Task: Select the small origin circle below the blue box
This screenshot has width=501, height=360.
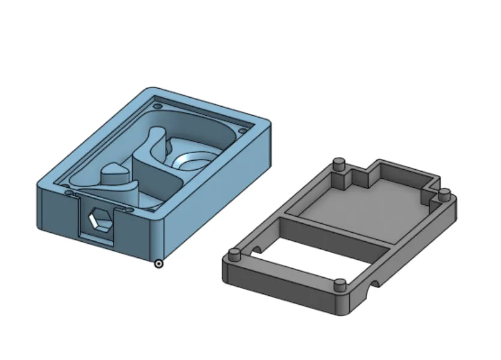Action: click(158, 263)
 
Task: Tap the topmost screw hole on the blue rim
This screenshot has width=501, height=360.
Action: click(158, 106)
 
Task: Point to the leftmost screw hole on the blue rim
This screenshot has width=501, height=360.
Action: click(69, 193)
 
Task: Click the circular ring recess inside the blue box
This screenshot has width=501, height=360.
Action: click(191, 160)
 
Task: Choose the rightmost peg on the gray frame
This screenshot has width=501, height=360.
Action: click(444, 194)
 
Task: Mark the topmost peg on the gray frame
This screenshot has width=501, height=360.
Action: click(338, 163)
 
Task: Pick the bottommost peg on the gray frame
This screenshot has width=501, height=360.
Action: click(340, 284)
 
